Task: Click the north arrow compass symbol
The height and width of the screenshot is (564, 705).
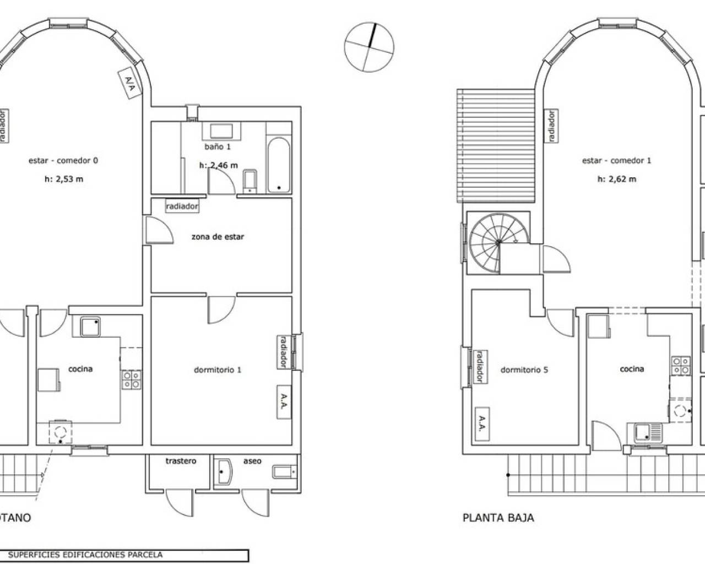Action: (369, 47)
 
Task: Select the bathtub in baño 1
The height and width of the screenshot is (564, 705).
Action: (279, 165)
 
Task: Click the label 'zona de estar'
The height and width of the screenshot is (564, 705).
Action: (218, 237)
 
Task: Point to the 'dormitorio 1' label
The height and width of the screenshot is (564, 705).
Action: (218, 370)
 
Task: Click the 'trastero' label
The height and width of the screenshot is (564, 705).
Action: (181, 461)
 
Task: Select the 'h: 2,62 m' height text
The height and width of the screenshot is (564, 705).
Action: (617, 179)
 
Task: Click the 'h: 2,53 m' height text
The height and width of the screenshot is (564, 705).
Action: (64, 179)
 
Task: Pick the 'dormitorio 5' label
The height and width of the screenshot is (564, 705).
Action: (524, 370)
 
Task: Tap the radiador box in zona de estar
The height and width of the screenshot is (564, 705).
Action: (182, 207)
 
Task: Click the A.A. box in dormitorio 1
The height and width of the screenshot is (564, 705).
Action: (284, 402)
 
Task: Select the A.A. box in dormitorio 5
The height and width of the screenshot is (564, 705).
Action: (482, 424)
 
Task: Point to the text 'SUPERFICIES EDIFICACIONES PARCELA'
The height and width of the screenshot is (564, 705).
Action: (85, 555)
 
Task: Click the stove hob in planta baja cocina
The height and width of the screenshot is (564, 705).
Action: (681, 366)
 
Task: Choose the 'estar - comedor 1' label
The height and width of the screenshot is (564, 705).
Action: (617, 161)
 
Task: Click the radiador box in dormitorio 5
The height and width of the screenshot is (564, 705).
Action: (481, 367)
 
